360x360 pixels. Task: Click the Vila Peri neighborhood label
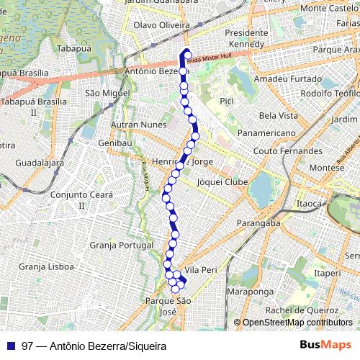(x=201, y=269)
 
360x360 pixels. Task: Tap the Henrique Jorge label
(x=189, y=162)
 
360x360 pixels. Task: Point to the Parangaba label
(x=257, y=223)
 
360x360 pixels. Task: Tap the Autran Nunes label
(x=138, y=125)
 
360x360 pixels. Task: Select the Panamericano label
(x=267, y=134)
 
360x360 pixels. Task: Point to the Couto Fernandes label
(x=288, y=152)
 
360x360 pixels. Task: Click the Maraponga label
(x=250, y=292)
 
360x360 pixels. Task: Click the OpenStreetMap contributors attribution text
(x=297, y=323)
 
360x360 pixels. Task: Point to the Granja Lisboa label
(x=47, y=266)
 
